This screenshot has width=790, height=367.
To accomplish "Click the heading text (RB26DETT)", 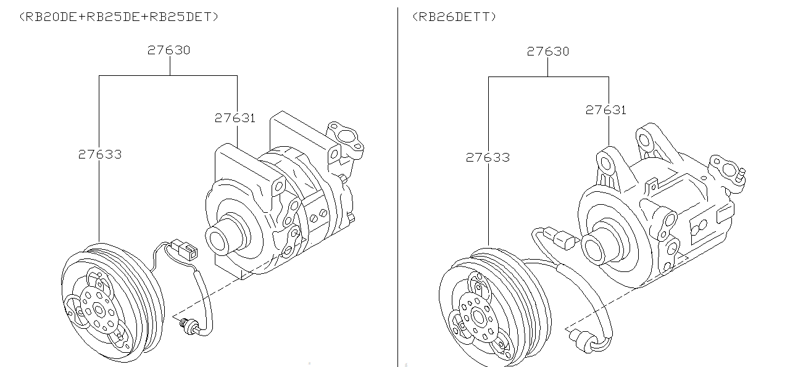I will coord(454,17).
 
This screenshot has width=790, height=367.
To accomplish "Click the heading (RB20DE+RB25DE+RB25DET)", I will coord(119,17).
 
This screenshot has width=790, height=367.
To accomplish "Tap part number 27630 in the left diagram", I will coord(168,50).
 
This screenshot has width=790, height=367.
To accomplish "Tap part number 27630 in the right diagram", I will coord(547,51).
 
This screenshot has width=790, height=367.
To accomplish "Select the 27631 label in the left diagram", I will coord(235,118).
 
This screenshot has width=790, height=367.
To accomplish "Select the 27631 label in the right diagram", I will coord(605,110).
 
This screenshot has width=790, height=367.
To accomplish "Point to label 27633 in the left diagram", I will coord(99,154).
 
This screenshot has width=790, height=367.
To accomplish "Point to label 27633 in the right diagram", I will coord(488,158).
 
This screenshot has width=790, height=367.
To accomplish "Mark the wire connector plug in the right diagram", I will coord(563,238).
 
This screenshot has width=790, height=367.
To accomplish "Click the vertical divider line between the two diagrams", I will coord(398,185).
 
